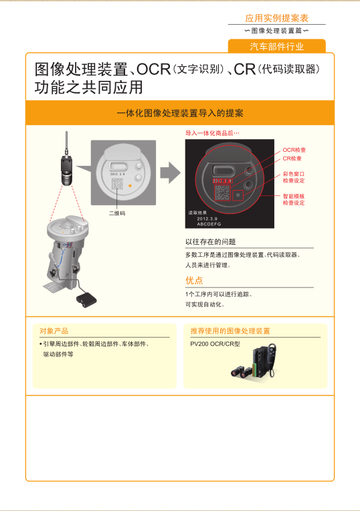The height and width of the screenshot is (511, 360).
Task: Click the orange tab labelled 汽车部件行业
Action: (x=277, y=46)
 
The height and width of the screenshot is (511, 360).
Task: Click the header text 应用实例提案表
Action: (x=276, y=18)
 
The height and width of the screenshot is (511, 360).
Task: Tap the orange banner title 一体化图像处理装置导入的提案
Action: (x=179, y=113)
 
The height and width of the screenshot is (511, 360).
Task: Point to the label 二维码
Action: (x=117, y=213)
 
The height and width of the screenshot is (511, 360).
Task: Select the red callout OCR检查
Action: (x=294, y=150)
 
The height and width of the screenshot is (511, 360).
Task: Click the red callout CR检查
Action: (x=292, y=159)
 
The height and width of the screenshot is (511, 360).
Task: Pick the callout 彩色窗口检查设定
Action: (x=294, y=177)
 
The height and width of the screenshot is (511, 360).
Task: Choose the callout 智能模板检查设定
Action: (x=294, y=199)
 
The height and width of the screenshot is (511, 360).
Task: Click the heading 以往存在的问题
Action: (x=210, y=241)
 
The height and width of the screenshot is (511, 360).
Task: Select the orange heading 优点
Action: (x=194, y=280)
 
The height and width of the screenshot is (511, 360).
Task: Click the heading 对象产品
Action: (x=54, y=331)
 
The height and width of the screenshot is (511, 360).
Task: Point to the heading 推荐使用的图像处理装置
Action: (x=230, y=331)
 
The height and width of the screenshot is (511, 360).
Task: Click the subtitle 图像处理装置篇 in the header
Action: (x=276, y=31)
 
